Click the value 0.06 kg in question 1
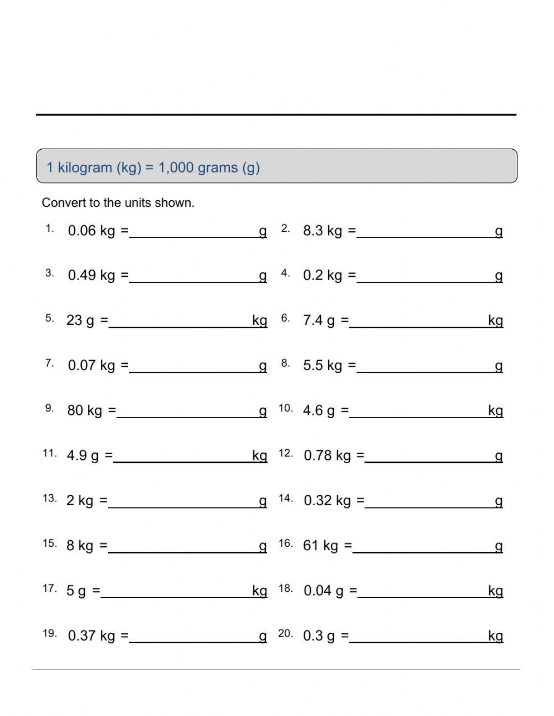tap(91, 231)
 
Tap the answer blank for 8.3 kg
tap(425, 232)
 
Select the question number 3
tap(50, 273)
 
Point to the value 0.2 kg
tap(322, 276)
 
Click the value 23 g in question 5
tap(80, 321)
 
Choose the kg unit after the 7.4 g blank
tap(495, 321)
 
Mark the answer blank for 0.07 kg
tap(194, 367)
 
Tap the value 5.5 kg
tap(322, 365)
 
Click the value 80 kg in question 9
tap(85, 410)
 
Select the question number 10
tap(285, 409)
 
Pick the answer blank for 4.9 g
tap(182, 456)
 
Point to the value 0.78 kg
tap(327, 456)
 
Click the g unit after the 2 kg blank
tap(263, 501)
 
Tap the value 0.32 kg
tap(327, 501)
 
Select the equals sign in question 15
tap(104, 546)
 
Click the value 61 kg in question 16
tap(320, 546)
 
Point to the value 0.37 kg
tap(91, 636)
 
